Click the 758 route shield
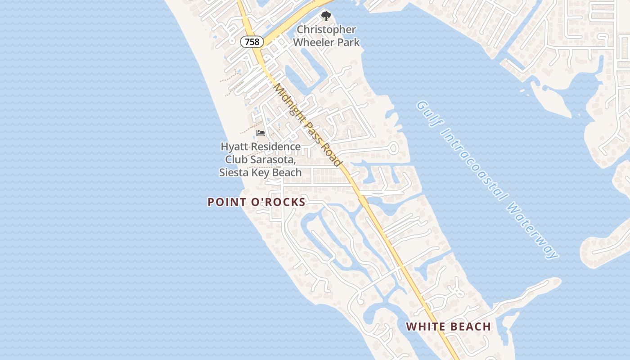(252, 42)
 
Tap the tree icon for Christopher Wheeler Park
(325, 16)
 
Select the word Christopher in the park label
(326, 30)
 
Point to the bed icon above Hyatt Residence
(261, 133)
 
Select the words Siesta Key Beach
(260, 172)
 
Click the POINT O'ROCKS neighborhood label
(256, 202)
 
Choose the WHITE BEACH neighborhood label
(448, 327)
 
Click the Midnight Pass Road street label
(308, 125)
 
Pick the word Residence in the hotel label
(275, 147)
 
